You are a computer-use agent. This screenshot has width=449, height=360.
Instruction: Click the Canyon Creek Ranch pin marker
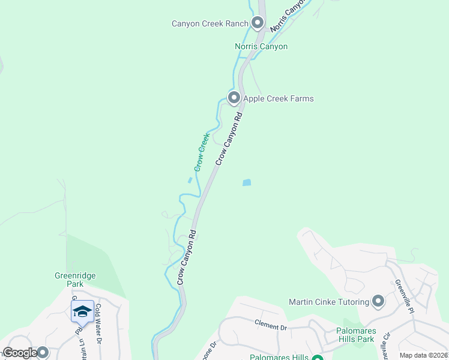click(258, 23)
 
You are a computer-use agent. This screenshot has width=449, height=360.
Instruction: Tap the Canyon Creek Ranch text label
click(209, 24)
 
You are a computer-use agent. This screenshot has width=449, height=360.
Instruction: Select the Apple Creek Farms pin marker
click(234, 98)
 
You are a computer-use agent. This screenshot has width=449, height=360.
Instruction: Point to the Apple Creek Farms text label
click(278, 98)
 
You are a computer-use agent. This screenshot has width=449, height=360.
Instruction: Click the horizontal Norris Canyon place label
click(261, 46)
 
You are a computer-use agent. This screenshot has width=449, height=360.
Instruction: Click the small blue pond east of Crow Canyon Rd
click(246, 182)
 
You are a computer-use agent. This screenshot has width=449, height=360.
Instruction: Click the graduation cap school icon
click(82, 311)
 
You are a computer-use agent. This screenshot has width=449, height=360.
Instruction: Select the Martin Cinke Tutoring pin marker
click(378, 301)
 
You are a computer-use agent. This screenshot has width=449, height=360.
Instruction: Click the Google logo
click(19, 353)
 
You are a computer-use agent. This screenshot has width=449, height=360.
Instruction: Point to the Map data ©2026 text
click(424, 355)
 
